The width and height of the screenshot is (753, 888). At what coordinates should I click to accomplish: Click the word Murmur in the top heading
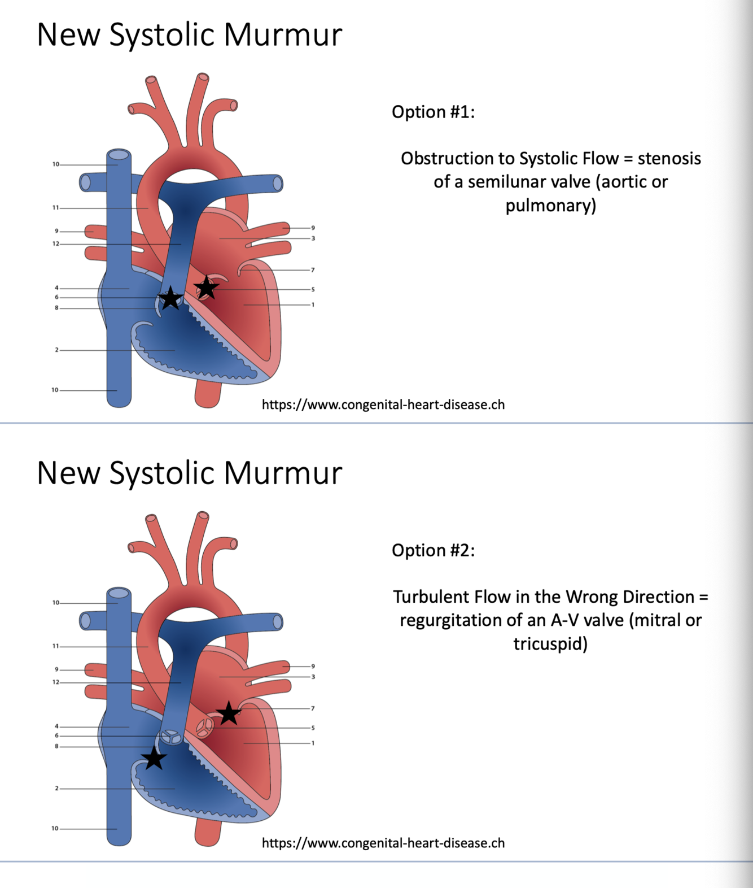[x=283, y=35]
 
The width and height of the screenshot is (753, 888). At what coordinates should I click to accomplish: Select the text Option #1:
[x=433, y=112]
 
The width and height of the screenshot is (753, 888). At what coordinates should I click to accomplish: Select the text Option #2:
[x=433, y=550]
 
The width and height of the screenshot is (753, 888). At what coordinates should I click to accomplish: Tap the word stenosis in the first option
[x=669, y=159]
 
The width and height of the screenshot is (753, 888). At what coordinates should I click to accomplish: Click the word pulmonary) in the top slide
[x=550, y=206]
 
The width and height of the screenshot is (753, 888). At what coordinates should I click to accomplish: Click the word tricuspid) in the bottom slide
[x=550, y=644]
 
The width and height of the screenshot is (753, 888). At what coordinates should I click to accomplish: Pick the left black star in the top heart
[x=170, y=298]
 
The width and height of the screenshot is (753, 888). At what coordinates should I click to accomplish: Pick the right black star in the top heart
[x=206, y=288]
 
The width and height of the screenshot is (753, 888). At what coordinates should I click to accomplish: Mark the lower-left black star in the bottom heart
[x=154, y=758]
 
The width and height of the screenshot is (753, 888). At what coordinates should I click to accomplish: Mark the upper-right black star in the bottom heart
[x=229, y=713]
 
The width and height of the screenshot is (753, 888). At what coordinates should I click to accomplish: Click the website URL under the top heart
[x=383, y=404]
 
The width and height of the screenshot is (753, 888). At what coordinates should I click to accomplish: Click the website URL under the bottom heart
[x=383, y=843]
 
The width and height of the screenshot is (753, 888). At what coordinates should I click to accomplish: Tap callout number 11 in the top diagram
[x=55, y=208]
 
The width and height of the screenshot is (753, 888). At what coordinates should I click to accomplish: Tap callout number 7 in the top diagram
[x=313, y=270]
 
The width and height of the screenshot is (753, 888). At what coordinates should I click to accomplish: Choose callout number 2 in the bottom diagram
[x=56, y=788]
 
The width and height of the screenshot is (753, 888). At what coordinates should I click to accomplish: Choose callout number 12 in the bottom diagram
[x=55, y=682]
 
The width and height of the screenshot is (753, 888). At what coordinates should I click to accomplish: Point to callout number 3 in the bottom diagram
[x=313, y=677]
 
